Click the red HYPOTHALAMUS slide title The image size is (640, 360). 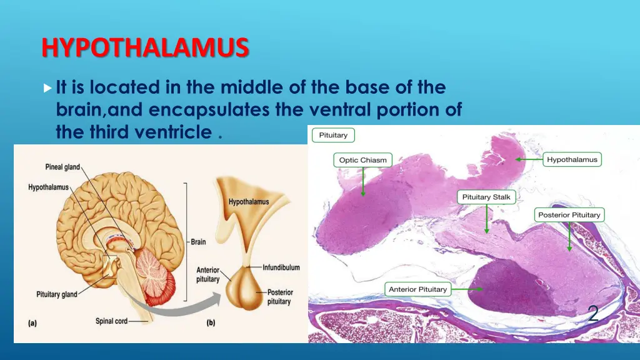145,47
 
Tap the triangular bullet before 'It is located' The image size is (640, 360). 48,87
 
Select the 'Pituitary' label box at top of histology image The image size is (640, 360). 334,135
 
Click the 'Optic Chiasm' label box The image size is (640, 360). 363,160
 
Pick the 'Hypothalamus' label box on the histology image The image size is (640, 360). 572,159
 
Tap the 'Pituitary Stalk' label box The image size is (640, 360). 486,197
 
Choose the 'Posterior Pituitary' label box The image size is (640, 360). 569,215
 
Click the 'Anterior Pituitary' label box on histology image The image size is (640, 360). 417,289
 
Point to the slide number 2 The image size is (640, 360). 593,313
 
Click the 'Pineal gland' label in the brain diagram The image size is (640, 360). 62,167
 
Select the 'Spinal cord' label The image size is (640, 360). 111,321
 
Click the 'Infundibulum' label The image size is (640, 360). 281,267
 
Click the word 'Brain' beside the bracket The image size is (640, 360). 198,242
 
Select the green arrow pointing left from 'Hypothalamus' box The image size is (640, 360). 528,160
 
